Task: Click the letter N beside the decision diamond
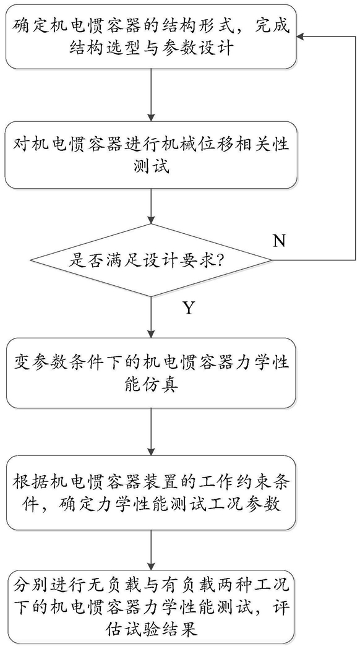(x=280, y=241)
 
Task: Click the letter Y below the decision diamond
(x=188, y=308)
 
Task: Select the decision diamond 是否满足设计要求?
(x=151, y=260)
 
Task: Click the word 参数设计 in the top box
(x=205, y=48)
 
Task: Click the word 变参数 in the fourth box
(x=34, y=364)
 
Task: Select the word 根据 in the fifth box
(x=27, y=482)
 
